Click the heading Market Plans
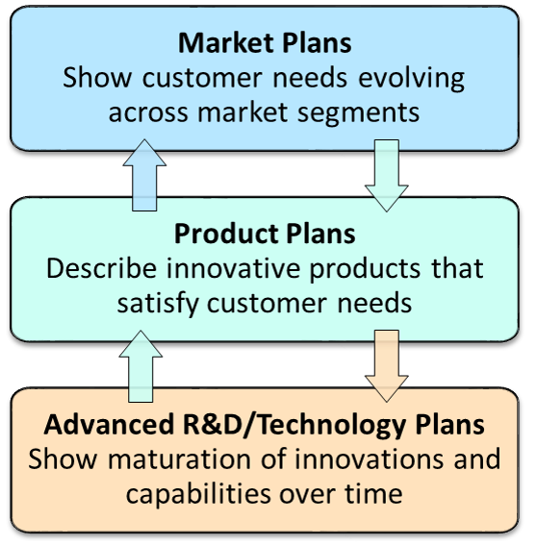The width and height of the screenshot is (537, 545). tap(265, 43)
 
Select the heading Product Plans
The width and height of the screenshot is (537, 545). tap(265, 234)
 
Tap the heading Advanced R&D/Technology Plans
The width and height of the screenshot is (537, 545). tap(264, 426)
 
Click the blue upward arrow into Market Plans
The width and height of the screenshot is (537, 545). tap(144, 175)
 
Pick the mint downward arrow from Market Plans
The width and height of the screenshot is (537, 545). tap(387, 176)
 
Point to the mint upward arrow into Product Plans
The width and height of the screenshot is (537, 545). tap(141, 366)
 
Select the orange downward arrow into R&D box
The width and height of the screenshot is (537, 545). tap(387, 366)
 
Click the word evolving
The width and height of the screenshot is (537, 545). tap(411, 79)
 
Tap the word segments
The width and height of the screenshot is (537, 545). tap(358, 113)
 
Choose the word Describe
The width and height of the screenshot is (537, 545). tap(102, 268)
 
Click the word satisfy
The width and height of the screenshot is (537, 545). tap(158, 303)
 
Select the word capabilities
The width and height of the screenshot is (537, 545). tap(198, 494)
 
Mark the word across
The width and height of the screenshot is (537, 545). tap(148, 113)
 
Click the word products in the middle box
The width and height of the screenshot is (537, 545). tap(365, 269)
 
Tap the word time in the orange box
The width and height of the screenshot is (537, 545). tap(373, 493)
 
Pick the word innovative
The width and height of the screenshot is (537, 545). tap(233, 268)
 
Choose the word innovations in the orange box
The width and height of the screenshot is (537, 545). tap(369, 458)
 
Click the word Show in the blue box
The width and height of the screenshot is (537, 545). tap(97, 78)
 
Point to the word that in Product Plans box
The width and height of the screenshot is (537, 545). tap(457, 268)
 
